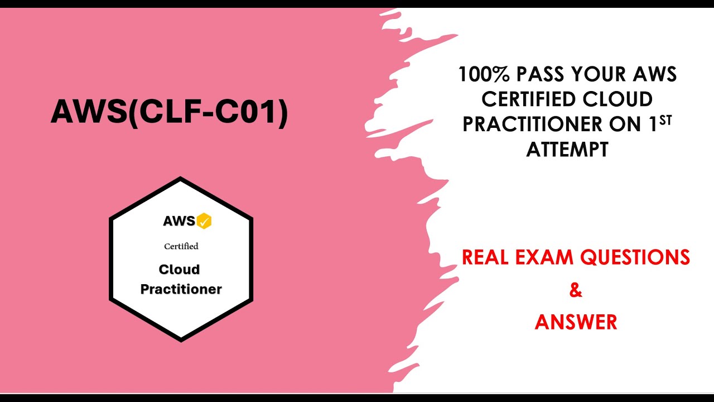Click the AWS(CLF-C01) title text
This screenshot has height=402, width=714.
(169, 113)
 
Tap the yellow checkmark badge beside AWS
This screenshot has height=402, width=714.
(204, 221)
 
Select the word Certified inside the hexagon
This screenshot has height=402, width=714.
(181, 246)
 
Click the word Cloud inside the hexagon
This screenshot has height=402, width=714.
(179, 270)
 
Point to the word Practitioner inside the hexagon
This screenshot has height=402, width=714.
(181, 289)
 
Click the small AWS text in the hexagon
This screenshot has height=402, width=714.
(178, 221)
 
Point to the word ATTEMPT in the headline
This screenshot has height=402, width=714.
(567, 150)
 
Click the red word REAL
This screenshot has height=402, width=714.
(489, 257)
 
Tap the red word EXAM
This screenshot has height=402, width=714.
(548, 257)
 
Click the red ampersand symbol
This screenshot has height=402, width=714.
(575, 290)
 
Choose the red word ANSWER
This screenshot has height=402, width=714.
(576, 322)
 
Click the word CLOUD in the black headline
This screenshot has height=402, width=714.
(619, 99)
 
